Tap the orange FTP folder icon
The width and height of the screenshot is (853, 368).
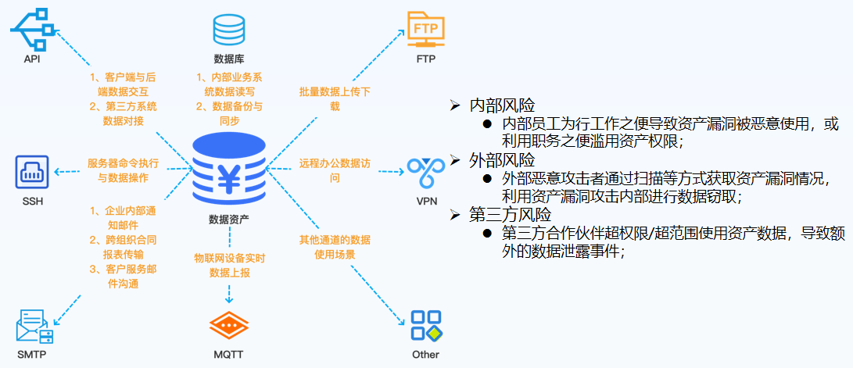point(425,30)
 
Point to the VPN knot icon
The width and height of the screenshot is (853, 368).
point(426,173)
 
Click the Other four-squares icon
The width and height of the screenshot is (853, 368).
point(426,326)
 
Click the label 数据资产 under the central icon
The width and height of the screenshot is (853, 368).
point(229,220)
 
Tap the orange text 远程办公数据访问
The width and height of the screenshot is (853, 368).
point(335,170)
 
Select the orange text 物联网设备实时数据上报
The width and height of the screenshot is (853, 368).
point(229,266)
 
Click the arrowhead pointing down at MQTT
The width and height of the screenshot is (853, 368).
point(229,299)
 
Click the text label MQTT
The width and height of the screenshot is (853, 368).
point(229,355)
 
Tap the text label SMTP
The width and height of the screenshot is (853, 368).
point(31,355)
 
